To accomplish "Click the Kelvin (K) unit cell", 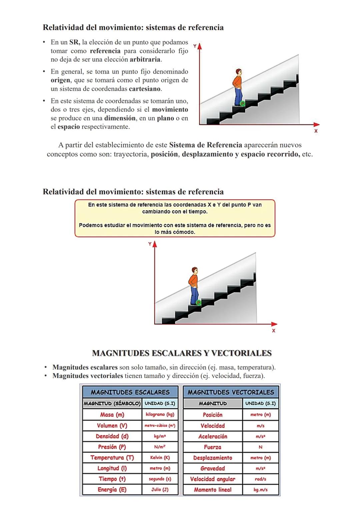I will click(160, 458).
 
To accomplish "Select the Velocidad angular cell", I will click(213, 479).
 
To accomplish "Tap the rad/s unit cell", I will click(260, 479).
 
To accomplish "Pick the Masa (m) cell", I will click(112, 415).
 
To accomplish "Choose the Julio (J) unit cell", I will click(160, 490).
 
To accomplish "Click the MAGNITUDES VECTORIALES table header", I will click(231, 392).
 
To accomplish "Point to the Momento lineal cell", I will click(213, 490).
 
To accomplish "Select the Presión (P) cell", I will click(112, 447).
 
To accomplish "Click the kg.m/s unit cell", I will click(260, 490).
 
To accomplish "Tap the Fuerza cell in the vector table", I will click(213, 447).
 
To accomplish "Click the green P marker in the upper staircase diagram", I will click(242, 104).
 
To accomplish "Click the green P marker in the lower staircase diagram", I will click(198, 303).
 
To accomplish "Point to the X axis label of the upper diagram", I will click(316, 131).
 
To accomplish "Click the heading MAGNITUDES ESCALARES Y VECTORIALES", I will click(182, 353).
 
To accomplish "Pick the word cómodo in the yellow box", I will click(184, 232).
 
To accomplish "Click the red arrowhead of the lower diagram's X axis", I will click(274, 324).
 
